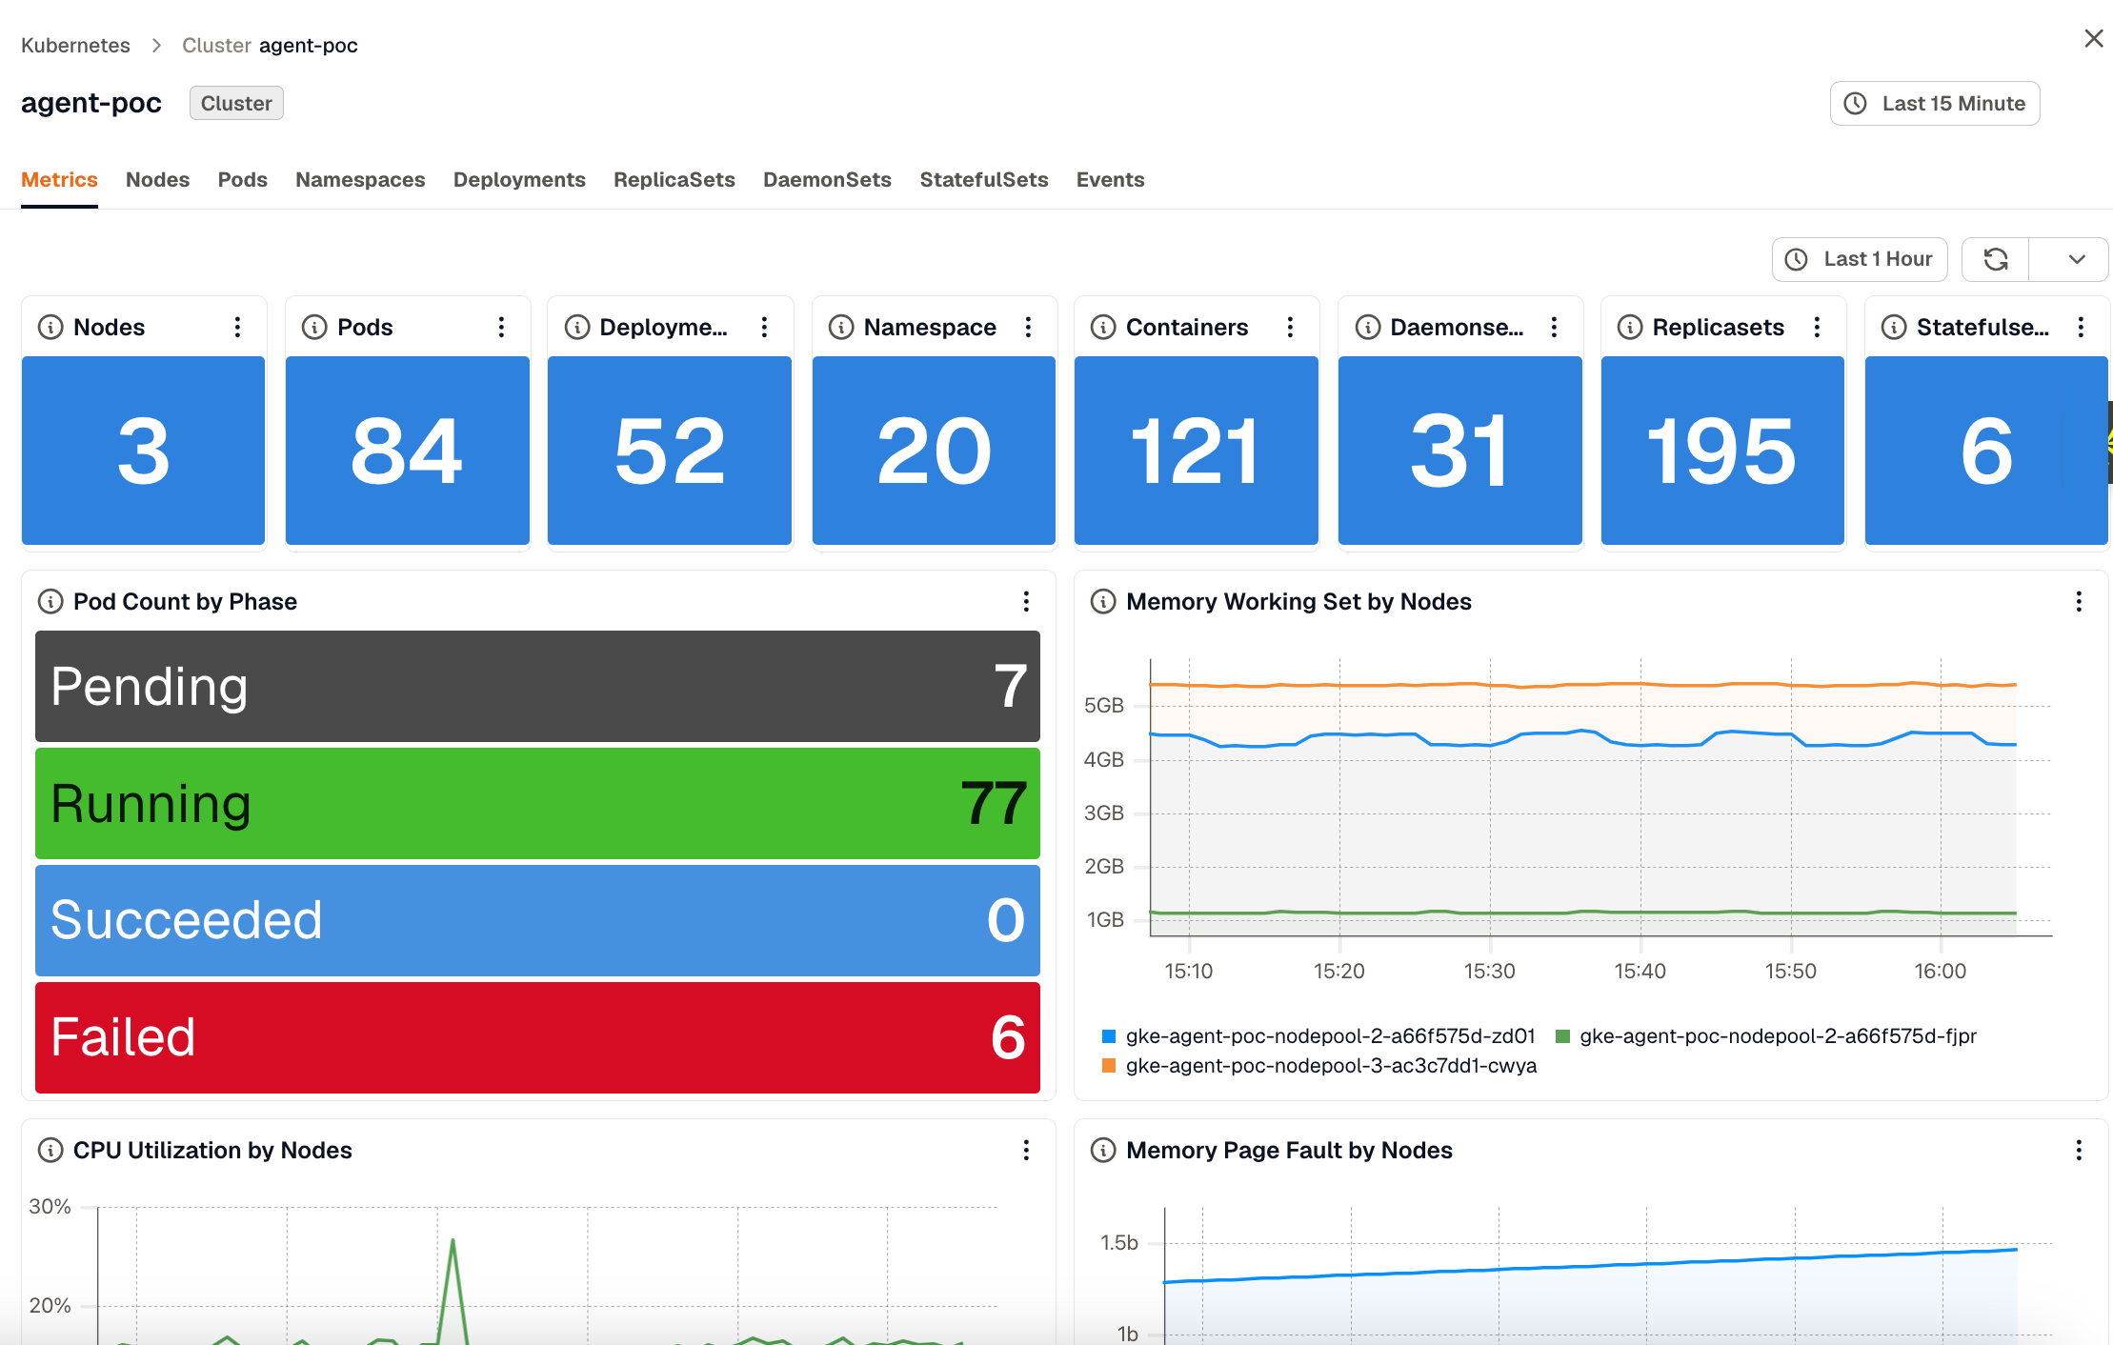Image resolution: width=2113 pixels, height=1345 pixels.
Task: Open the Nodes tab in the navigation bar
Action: pyautogui.click(x=157, y=179)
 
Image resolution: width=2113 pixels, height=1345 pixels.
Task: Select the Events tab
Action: pyautogui.click(x=1110, y=179)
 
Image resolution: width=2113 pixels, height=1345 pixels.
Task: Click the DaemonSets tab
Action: pyautogui.click(x=827, y=179)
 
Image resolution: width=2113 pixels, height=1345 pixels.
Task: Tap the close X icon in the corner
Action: pyautogui.click(x=2093, y=38)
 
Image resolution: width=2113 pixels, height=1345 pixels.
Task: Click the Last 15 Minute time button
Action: pyautogui.click(x=1935, y=103)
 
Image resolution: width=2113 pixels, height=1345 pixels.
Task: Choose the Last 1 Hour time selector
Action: pyautogui.click(x=1860, y=259)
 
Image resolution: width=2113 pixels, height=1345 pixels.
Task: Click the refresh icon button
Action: pyautogui.click(x=1996, y=259)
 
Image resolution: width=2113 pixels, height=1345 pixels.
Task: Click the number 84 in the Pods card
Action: pyautogui.click(x=407, y=451)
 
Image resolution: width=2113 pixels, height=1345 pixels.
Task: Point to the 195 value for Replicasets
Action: pyautogui.click(x=1721, y=451)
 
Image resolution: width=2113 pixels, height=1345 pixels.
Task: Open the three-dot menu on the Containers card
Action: pyautogui.click(x=1290, y=327)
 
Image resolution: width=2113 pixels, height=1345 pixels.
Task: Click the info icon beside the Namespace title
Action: pyautogui.click(x=841, y=327)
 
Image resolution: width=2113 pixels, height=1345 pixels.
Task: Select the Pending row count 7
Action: pyautogui.click(x=1010, y=686)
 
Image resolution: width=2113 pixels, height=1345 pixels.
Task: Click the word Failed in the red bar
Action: pyautogui.click(x=123, y=1036)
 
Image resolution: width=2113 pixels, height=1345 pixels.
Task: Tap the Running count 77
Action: pyautogui.click(x=994, y=803)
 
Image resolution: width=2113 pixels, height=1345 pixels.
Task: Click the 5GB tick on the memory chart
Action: pyautogui.click(x=1104, y=706)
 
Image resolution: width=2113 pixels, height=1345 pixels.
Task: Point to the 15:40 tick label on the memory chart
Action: pyautogui.click(x=1640, y=971)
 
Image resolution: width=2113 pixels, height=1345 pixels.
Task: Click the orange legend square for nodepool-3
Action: pyautogui.click(x=1108, y=1065)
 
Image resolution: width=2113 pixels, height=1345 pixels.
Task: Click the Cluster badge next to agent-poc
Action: pyautogui.click(x=236, y=103)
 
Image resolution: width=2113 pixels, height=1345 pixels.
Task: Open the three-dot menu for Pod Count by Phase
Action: pyautogui.click(x=1026, y=601)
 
